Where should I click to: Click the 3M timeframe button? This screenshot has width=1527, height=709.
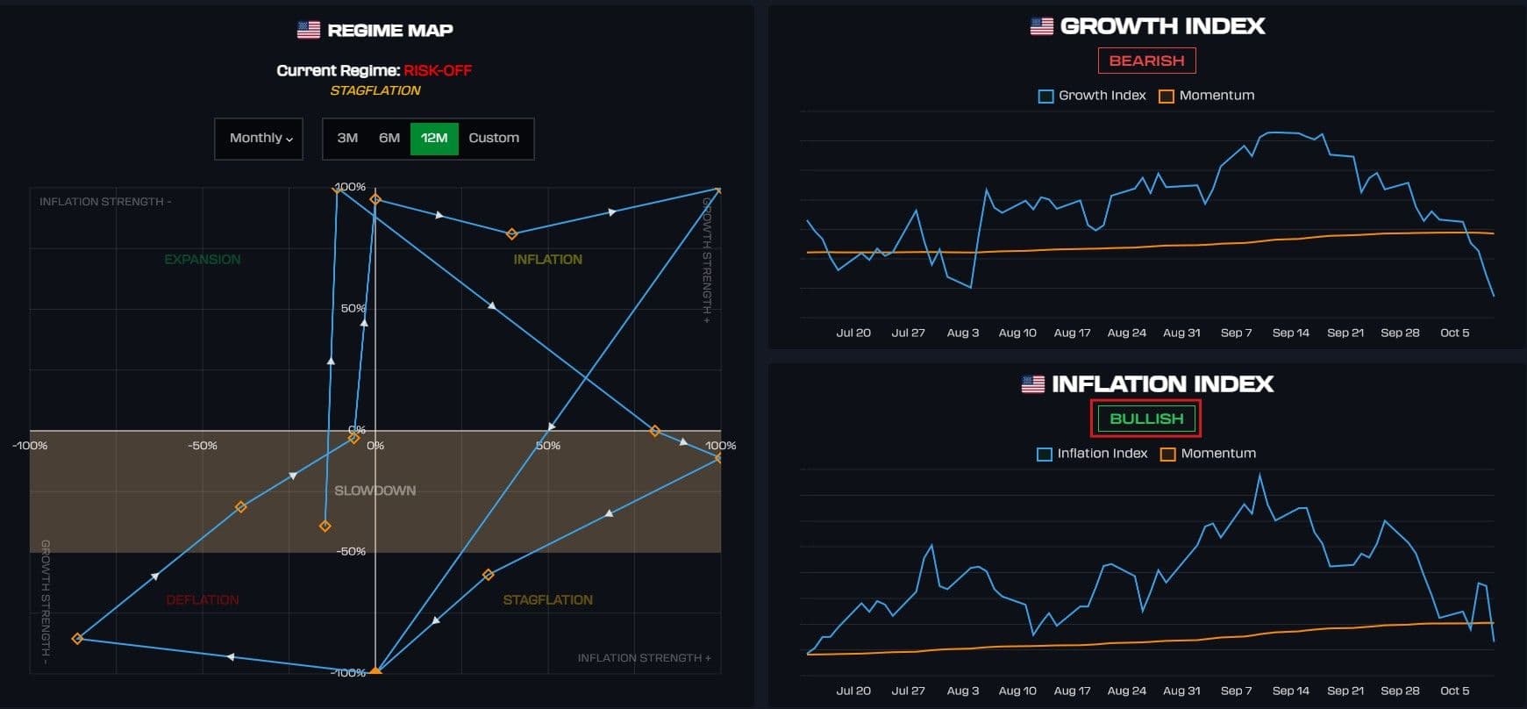(x=347, y=138)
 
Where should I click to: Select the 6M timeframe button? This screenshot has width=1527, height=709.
(x=389, y=138)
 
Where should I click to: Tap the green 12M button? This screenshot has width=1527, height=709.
(x=434, y=138)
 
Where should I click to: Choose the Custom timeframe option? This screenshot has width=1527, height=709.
(x=494, y=138)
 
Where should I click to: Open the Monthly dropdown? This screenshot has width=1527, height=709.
(x=260, y=138)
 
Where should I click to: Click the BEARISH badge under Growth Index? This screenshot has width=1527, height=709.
(x=1146, y=61)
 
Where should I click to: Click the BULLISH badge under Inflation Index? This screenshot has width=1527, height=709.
(x=1146, y=419)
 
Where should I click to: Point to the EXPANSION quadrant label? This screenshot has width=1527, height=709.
(x=203, y=260)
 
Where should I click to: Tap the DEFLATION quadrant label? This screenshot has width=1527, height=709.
(x=203, y=600)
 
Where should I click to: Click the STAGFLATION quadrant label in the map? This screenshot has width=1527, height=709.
(x=547, y=600)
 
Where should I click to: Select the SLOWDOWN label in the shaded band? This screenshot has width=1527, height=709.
(x=375, y=491)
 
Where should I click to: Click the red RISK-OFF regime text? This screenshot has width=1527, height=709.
(x=438, y=70)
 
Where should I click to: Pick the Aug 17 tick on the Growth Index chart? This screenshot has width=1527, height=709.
(x=1072, y=333)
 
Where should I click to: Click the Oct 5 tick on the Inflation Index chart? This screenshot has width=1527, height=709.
(x=1454, y=691)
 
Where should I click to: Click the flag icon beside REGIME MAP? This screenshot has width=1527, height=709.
(x=309, y=30)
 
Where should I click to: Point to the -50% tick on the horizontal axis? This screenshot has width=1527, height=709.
(x=203, y=446)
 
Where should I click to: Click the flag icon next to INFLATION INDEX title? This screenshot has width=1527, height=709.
(x=1033, y=383)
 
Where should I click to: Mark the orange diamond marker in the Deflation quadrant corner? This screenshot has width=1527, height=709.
(x=77, y=639)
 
